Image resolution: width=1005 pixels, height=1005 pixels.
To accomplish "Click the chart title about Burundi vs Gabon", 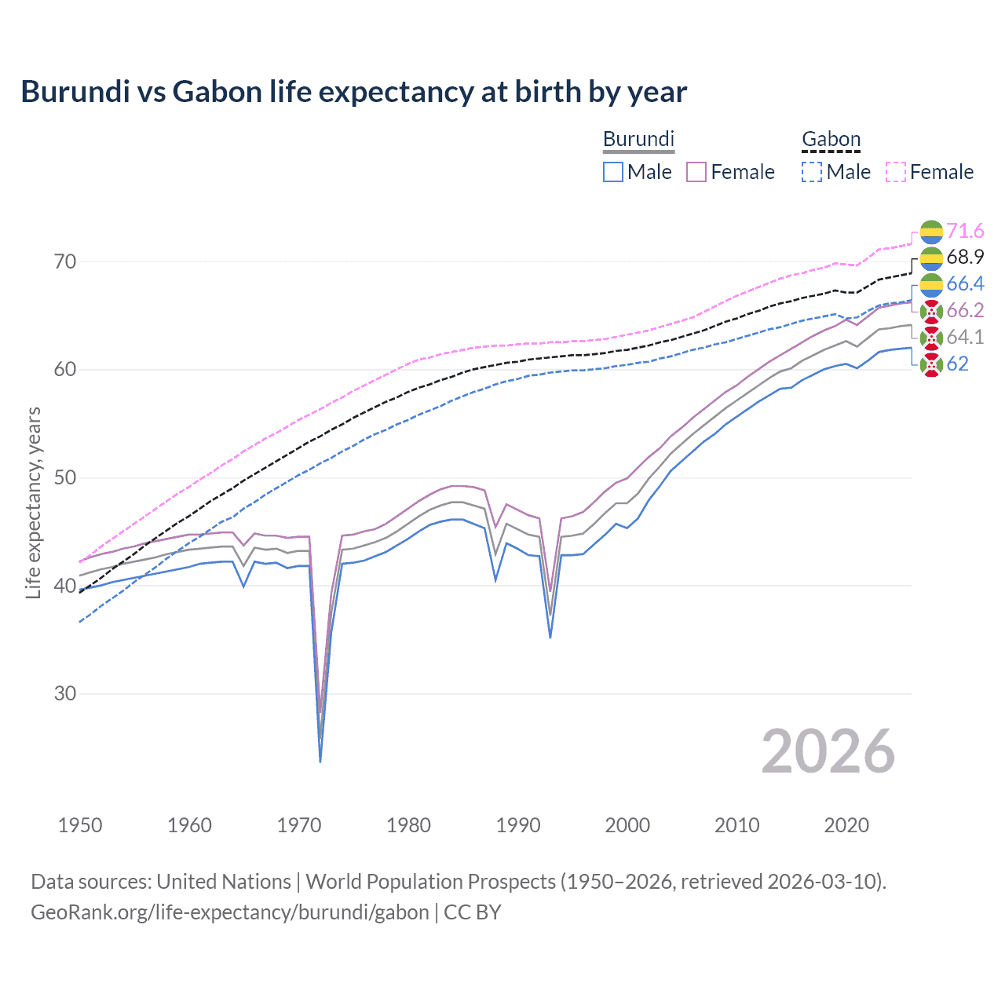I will tap(353, 92).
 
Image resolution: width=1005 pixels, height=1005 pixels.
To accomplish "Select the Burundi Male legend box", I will tap(613, 172).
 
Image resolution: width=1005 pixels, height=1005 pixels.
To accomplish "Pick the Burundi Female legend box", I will tap(696, 172).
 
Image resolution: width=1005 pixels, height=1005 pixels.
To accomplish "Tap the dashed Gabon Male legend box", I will tap(812, 172).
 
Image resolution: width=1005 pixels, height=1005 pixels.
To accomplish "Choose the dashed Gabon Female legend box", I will tap(896, 172).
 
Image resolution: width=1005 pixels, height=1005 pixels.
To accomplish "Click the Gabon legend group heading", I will tap(831, 140).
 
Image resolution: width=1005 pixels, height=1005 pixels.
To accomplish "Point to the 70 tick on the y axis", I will tap(65, 261).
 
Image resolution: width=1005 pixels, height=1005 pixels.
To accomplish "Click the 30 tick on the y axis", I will tap(65, 694).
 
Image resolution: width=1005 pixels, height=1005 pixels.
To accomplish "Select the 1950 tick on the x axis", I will tap(80, 825).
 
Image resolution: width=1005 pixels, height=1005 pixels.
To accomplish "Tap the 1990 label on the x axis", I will tap(518, 825).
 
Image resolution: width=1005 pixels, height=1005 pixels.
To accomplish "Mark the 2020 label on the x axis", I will tap(846, 825).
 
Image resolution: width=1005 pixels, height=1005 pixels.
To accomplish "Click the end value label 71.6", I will tap(965, 231).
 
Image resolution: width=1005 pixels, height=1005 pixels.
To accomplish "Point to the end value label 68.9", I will tap(965, 258).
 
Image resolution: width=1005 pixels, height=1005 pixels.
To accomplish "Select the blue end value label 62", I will tap(957, 364).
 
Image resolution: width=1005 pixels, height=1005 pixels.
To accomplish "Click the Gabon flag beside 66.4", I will tap(931, 284).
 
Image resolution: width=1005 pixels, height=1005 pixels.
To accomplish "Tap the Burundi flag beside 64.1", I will tap(931, 338).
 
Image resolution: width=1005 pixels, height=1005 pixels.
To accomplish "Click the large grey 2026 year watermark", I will tap(828, 751).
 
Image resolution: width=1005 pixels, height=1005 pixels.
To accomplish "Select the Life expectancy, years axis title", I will tap(33, 502).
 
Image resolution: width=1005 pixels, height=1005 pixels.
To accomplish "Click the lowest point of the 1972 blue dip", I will tap(320, 761).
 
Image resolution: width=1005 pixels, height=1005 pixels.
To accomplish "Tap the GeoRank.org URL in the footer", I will tap(229, 912).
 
